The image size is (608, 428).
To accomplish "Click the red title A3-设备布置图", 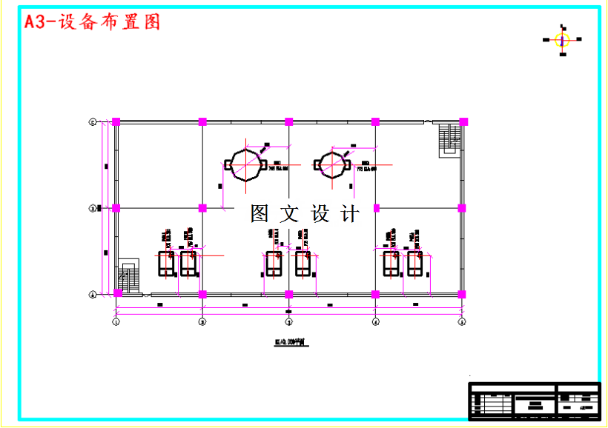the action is coord(93,22).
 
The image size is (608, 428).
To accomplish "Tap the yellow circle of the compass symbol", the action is coord(562,39).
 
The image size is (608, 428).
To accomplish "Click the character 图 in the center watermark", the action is coord(260,214).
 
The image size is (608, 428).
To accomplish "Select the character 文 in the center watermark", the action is coord(290,214).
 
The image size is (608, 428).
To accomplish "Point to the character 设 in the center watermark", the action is coord(320,214).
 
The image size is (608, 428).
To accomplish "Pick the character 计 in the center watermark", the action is coord(349,214).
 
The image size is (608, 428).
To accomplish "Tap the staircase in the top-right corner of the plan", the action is coord(449,138).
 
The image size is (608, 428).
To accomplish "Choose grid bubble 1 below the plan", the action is coord(116,321).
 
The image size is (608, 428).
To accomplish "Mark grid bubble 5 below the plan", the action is coord(461,321).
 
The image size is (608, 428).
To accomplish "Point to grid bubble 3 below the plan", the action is coord(289,321).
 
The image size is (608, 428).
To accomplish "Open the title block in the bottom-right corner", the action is coord(534,401).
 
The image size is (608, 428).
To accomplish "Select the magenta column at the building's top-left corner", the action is coord(116,121).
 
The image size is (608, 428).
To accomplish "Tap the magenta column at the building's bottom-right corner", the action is coord(462,294).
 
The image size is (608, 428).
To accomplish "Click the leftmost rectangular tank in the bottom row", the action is coord(166,264).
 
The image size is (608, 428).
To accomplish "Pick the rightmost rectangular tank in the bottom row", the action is coord(416,264).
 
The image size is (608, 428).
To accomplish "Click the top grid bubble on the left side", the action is coord(93,121).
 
